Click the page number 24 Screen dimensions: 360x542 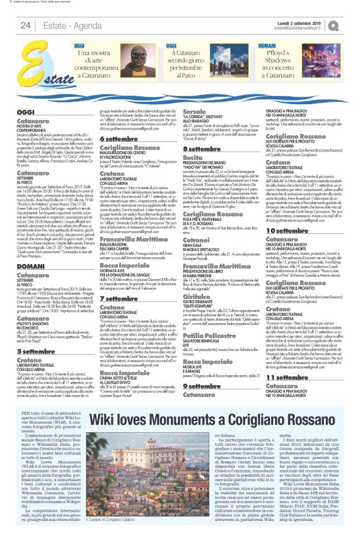pyautogui.click(x=25, y=25)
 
